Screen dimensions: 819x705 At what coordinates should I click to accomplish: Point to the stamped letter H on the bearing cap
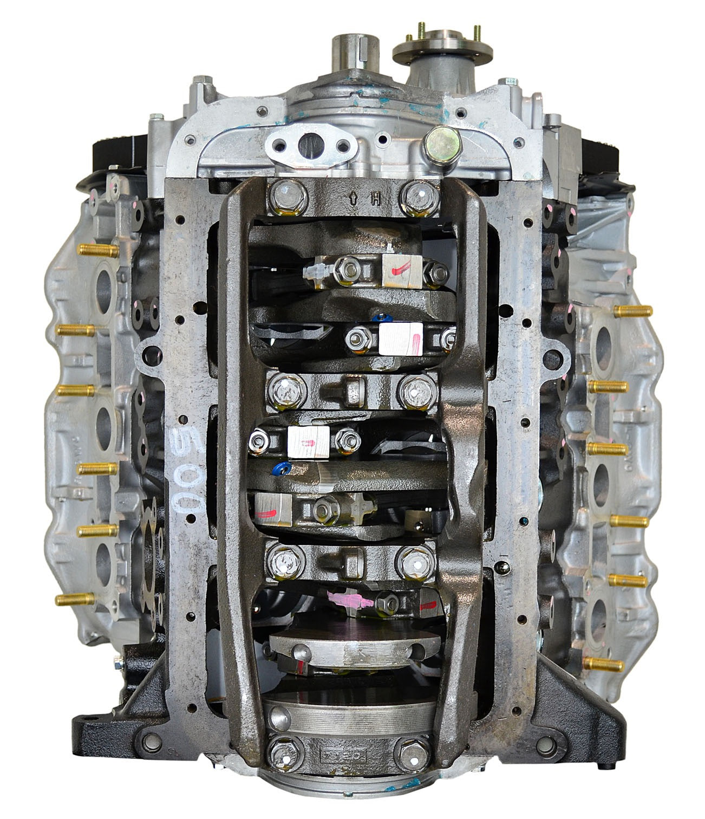click(x=374, y=203)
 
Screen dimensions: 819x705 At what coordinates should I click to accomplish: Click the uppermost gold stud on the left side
click(x=97, y=251)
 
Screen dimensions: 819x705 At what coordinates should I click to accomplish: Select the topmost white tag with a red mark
click(x=397, y=270)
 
